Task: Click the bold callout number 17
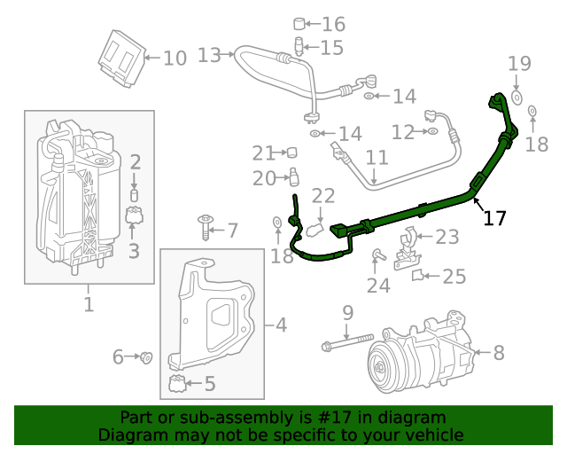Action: click(494, 217)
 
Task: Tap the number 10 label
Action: click(175, 59)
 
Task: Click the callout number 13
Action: click(208, 56)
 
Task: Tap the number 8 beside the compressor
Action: click(499, 353)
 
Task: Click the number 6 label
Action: click(118, 357)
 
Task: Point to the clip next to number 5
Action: click(177, 384)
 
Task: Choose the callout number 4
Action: click(281, 325)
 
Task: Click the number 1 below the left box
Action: click(89, 306)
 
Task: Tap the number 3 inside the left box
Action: click(134, 251)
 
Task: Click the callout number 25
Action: click(454, 278)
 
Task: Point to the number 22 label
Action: click(322, 196)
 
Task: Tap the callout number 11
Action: click(377, 160)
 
